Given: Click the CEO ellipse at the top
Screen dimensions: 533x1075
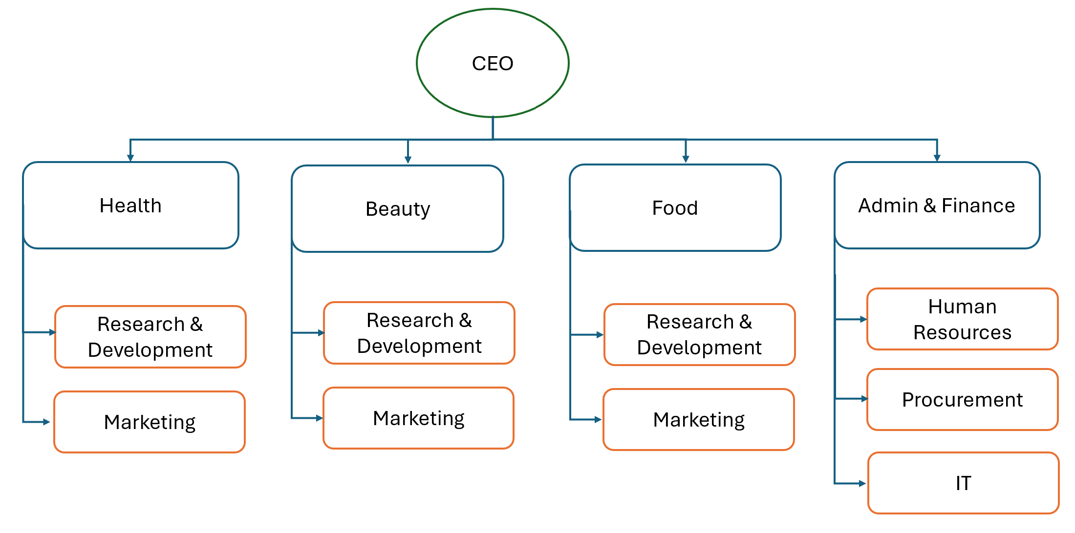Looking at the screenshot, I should pos(493,63).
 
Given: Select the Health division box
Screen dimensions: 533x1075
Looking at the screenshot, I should pos(130,205).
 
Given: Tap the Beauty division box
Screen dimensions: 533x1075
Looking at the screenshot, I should pos(397,209).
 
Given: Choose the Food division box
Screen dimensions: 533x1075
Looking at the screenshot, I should pos(675,208).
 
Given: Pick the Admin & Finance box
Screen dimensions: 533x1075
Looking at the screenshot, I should pos(937,205).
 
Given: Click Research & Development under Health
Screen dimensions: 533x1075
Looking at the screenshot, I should pos(150,337).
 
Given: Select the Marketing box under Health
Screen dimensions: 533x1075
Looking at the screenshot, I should pos(150,422).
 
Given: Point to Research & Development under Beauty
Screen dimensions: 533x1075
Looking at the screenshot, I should pos(419,333).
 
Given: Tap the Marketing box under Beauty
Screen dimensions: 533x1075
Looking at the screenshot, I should pos(418,418).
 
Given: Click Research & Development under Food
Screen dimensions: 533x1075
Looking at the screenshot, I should pos(699,335).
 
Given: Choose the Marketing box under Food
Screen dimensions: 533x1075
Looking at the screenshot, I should pos(699,420).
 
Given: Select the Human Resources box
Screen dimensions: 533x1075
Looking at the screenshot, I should pos(962,319).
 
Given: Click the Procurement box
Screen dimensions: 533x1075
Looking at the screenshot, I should pos(962,400).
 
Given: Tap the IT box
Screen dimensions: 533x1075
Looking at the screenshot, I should pos(963,483).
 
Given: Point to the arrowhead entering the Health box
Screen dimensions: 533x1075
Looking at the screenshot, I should pos(130,158).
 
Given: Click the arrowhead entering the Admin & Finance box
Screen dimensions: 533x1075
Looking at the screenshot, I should pos(937,158).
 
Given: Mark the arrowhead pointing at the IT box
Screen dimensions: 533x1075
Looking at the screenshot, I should pos(862,484).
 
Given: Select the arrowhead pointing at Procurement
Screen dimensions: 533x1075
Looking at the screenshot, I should pos(864,399).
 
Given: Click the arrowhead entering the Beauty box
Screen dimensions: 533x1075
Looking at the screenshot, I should pos(408,160).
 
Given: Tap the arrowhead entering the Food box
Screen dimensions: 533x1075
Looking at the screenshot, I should pos(686,159).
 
